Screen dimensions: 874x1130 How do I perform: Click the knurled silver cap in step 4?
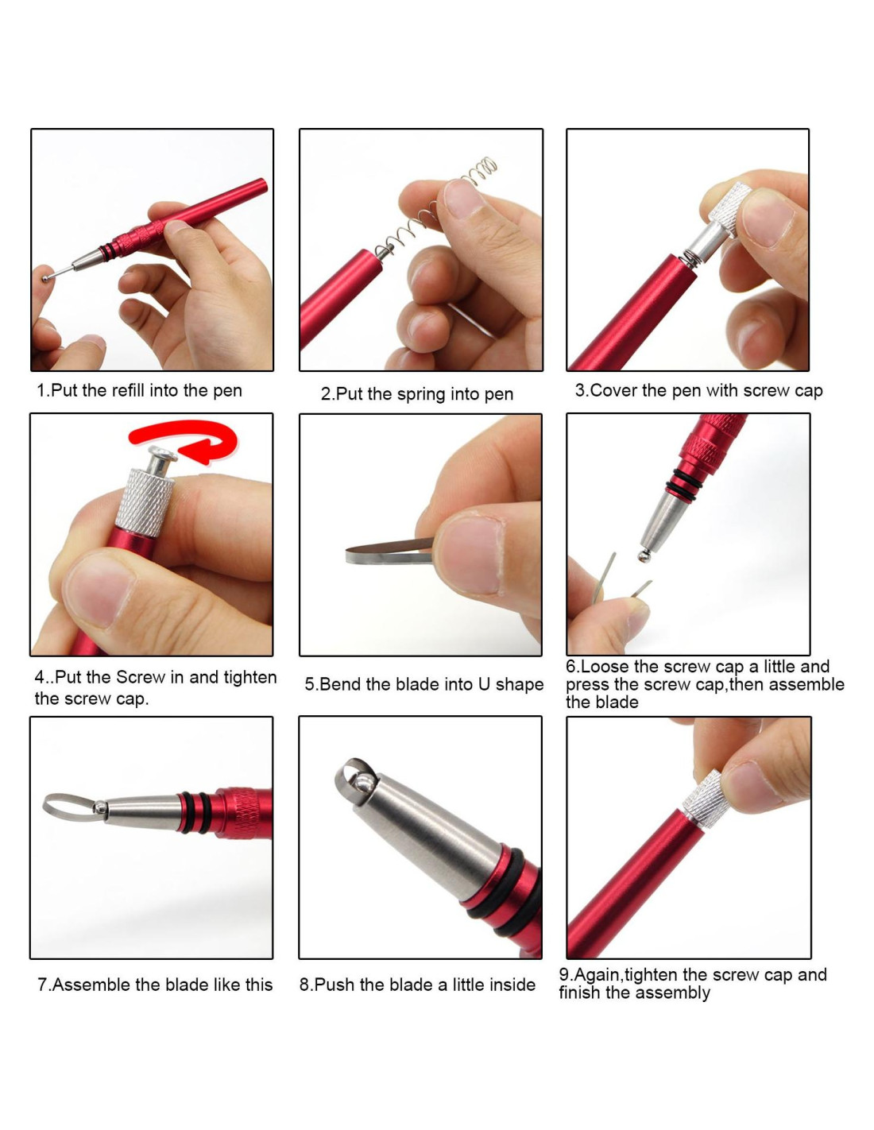(145, 501)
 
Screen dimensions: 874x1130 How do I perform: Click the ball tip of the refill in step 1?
(45, 279)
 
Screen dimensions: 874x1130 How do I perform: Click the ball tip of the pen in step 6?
(644, 556)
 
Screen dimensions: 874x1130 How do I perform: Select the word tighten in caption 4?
(249, 677)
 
